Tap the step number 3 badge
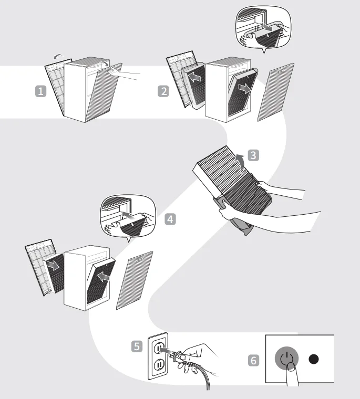tap(253, 155)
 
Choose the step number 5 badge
tap(137, 346)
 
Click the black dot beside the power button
tap(314, 360)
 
